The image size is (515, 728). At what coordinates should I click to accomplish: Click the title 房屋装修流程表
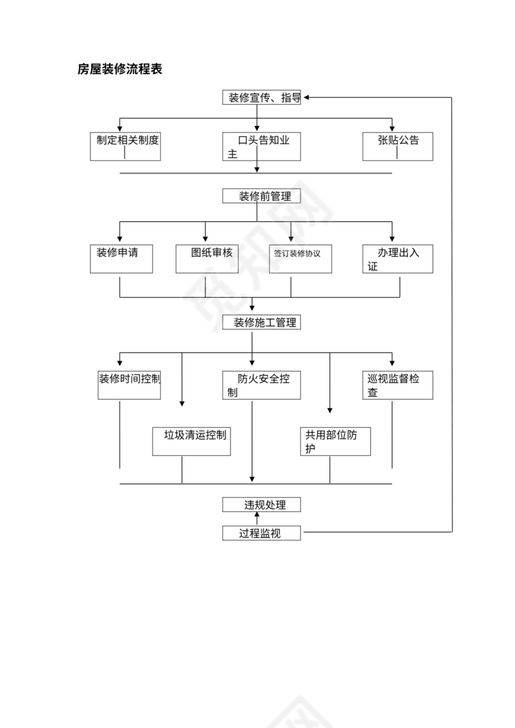point(120,69)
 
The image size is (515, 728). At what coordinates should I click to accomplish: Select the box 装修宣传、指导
point(261,98)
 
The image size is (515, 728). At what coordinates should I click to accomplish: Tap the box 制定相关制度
point(125,146)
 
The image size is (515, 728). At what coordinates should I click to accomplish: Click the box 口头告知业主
point(261,146)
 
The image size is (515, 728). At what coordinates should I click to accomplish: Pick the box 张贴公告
point(398,146)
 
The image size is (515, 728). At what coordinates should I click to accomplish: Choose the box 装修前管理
point(261,197)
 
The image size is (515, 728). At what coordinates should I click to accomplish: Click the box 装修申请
point(122,259)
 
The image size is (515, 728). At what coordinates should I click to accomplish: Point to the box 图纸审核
point(207,259)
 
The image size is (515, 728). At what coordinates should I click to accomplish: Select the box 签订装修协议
point(300,259)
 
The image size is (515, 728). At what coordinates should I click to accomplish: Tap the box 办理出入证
point(398,259)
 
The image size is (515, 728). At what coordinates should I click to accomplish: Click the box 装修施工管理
point(261,322)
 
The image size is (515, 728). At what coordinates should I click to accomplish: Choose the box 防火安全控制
point(261,384)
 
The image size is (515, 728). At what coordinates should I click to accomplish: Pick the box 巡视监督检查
point(398,384)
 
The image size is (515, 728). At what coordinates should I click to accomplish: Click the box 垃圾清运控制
point(192,441)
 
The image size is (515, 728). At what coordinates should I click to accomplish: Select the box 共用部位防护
point(335,441)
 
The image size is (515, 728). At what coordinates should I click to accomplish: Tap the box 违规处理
point(261,505)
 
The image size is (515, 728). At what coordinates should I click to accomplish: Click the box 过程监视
point(261,533)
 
